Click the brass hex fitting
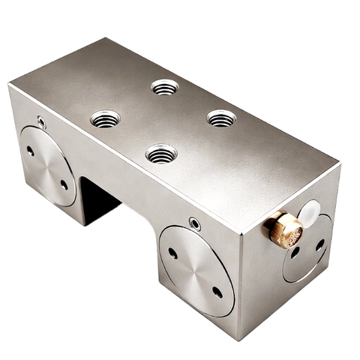[284, 228]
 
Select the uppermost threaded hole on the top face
[164, 87]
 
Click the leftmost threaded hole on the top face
[105, 118]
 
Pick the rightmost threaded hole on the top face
[221, 118]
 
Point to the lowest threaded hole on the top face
[161, 154]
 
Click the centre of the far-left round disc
[47, 166]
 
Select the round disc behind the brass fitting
[307, 247]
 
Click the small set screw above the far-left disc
[41, 121]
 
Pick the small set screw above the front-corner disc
[194, 223]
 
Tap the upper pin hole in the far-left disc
[30, 151]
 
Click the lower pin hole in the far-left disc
[64, 184]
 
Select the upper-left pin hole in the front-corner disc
[173, 253]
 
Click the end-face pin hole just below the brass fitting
[295, 253]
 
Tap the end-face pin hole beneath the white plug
[320, 244]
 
